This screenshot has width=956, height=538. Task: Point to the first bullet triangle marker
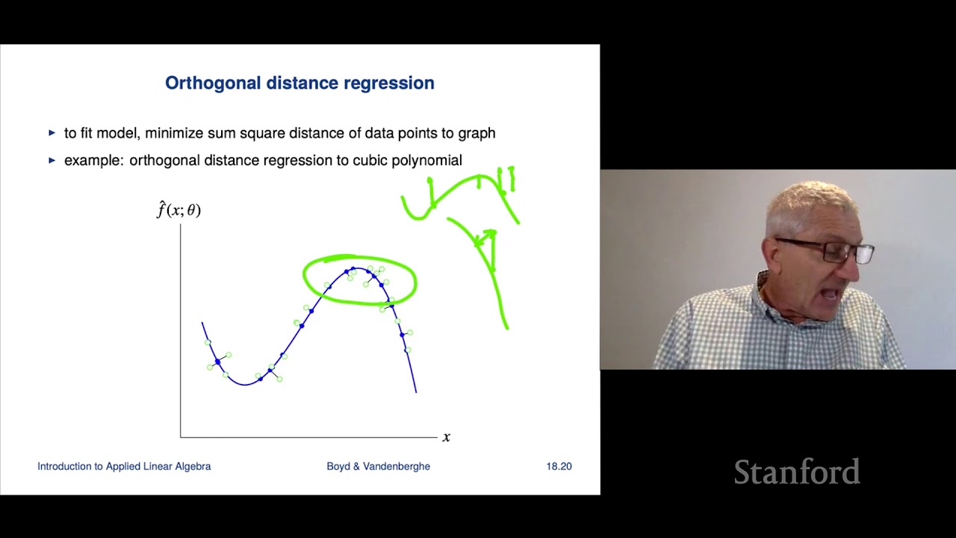pos(52,133)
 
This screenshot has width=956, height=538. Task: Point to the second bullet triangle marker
pos(52,160)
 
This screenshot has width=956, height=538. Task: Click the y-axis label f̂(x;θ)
pos(179,210)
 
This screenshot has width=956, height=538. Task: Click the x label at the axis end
pos(447,437)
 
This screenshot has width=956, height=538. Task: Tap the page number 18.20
pos(559,466)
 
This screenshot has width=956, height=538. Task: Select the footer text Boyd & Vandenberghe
pos(378,466)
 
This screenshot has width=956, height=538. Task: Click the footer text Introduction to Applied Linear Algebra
pos(124,466)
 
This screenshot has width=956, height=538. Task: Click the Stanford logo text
pos(796,472)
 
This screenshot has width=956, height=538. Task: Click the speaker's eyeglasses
pos(829,251)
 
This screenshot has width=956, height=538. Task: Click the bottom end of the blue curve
pos(416,391)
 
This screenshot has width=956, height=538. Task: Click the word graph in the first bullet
pos(477,133)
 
